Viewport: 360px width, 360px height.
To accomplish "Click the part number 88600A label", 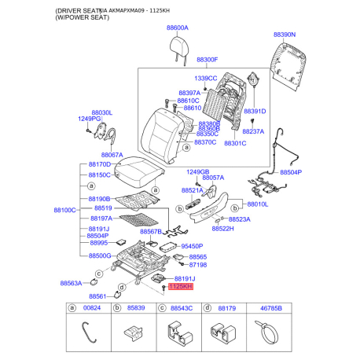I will click(x=177, y=28).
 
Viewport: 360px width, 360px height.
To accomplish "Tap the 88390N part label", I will click(x=284, y=35).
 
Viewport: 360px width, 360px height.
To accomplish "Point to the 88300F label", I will click(x=208, y=60).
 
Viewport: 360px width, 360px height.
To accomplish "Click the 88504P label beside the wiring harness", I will click(x=291, y=172).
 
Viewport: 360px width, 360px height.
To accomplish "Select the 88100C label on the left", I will click(x=64, y=211).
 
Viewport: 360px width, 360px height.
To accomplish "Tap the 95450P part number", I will click(x=192, y=246).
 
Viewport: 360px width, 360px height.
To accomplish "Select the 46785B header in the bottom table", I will click(x=273, y=310).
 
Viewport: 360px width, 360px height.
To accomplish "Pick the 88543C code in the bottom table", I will click(x=182, y=310).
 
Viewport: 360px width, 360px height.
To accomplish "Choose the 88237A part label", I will click(x=254, y=131).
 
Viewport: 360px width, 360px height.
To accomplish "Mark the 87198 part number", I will click(x=197, y=266).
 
